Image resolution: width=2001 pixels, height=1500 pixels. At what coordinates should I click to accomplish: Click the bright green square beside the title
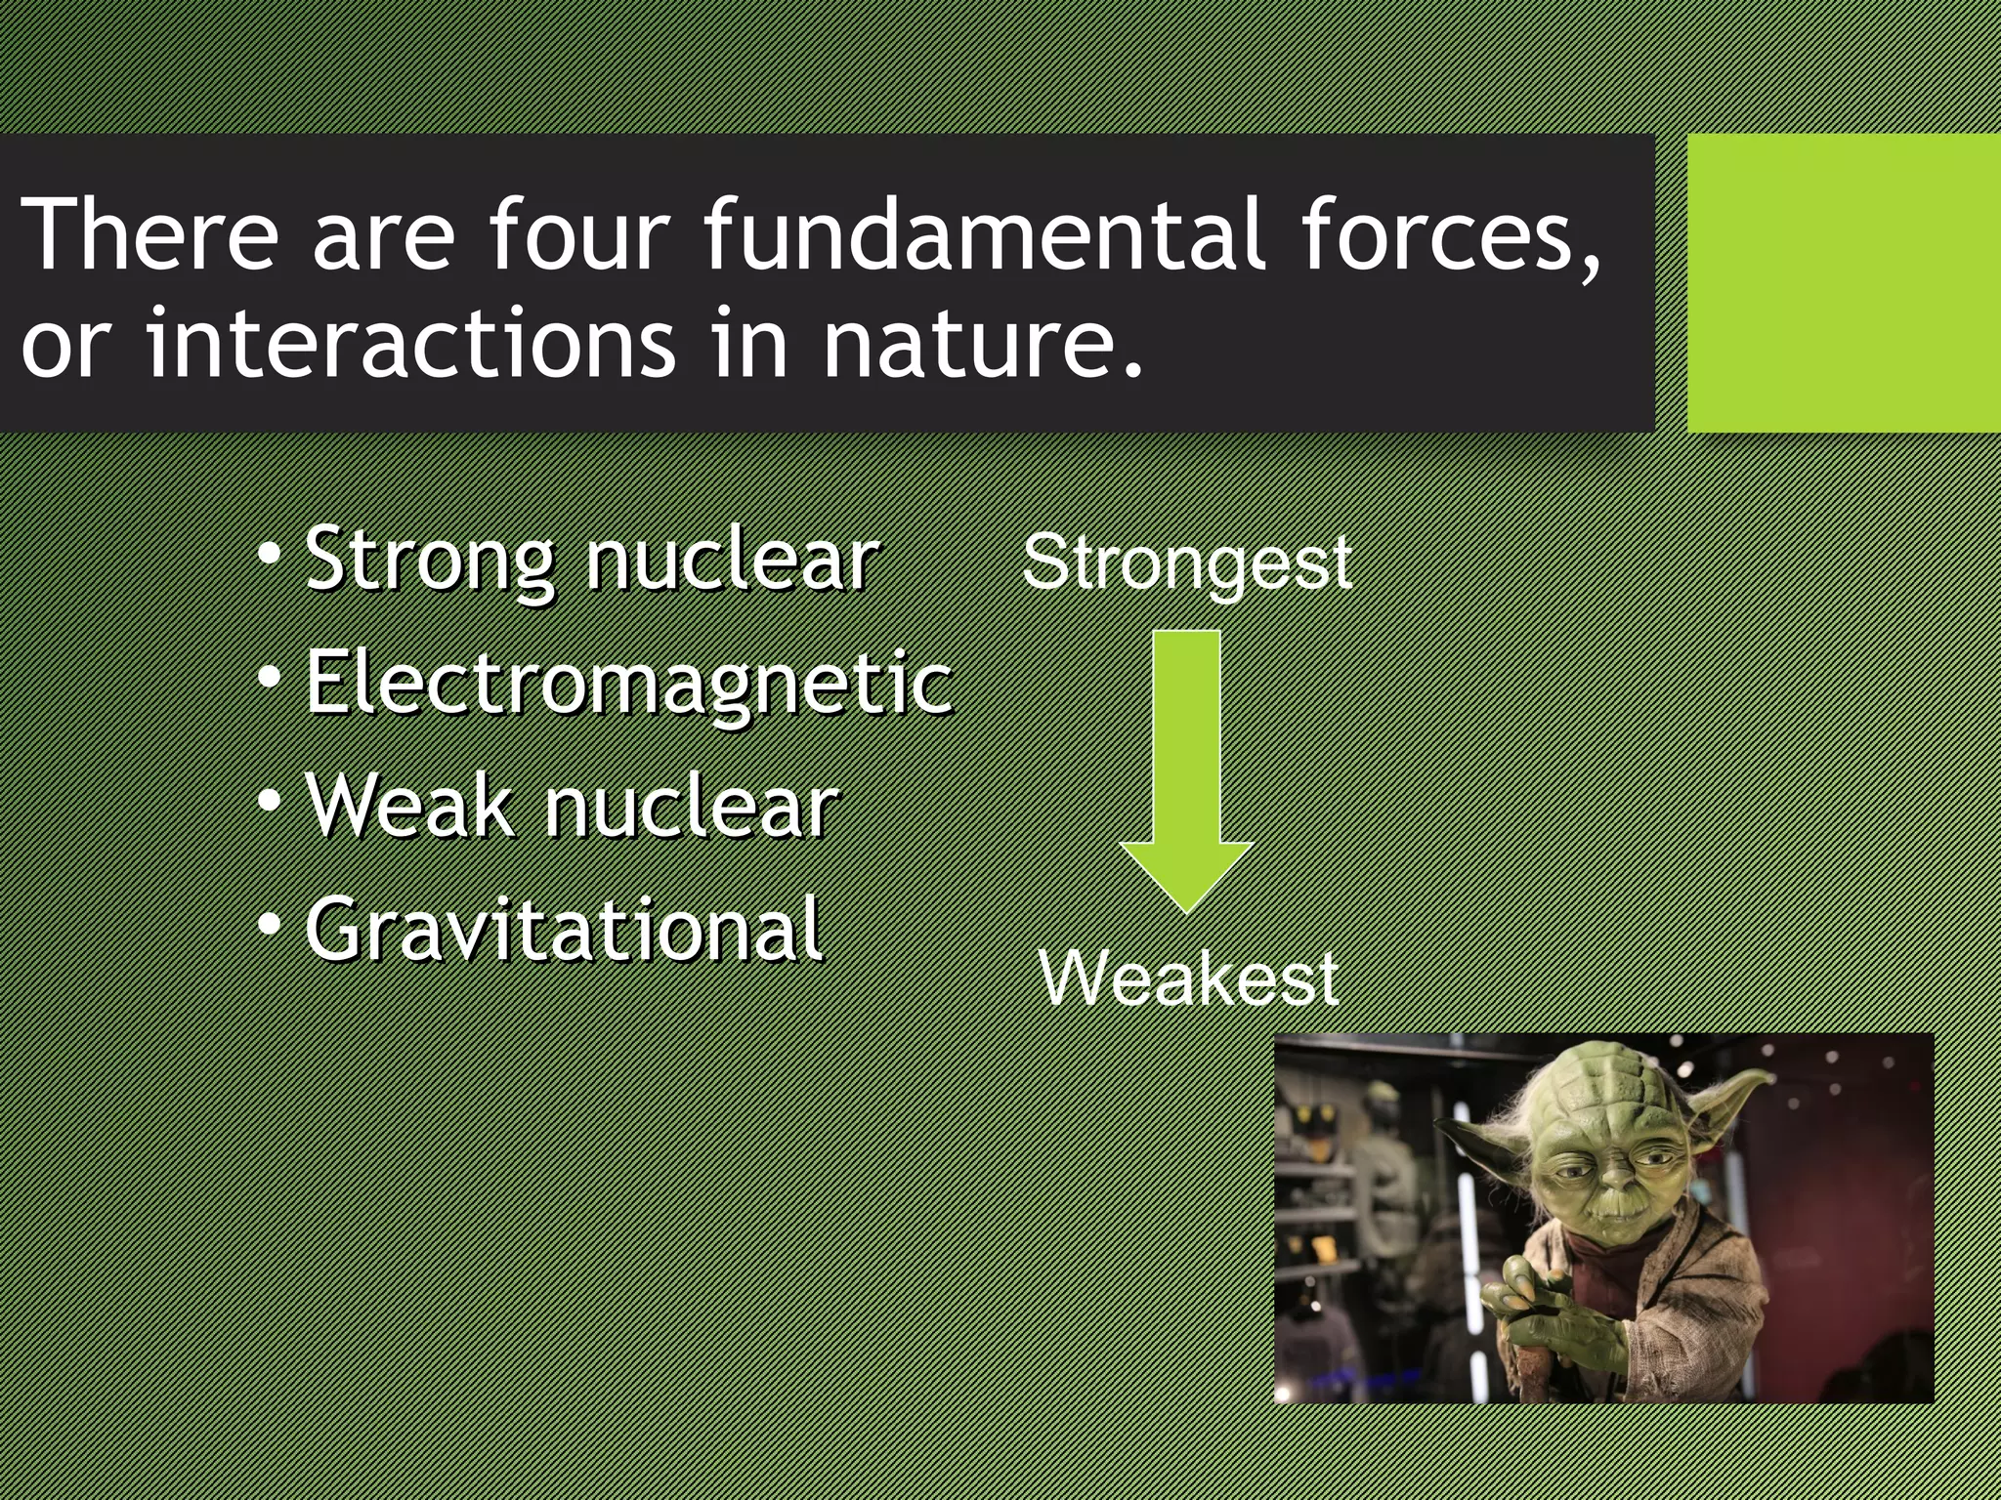1843,283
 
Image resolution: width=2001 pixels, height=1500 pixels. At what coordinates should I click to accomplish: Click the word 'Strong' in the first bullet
430,562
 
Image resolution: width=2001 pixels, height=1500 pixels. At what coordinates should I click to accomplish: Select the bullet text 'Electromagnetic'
628,684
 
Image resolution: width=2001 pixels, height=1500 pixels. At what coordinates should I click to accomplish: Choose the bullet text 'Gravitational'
564,930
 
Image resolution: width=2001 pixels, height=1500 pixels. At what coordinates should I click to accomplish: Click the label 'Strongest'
1186,564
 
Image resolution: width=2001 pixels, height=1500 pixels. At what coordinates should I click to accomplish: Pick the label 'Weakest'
1188,979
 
